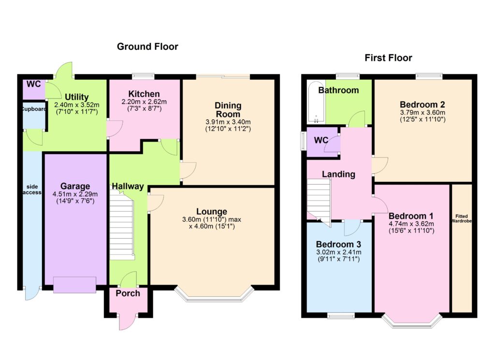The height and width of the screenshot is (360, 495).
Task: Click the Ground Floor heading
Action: pos(147,47)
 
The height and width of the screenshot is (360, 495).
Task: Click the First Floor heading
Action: pos(388,58)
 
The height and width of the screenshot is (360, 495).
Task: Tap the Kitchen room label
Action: pos(144,94)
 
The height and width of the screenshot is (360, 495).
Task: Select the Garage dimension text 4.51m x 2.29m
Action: pos(75,194)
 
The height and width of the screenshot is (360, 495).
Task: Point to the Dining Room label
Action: pos(228,110)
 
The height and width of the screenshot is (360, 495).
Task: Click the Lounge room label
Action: pos(212,211)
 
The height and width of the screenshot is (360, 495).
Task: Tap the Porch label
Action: pos(128,293)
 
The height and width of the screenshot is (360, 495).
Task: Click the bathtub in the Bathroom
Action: pos(316,102)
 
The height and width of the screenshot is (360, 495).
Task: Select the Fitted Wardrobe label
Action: pos(462,218)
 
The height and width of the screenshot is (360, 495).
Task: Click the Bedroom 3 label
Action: pos(338,245)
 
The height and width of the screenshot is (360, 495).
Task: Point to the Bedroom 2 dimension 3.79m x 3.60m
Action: pos(422,113)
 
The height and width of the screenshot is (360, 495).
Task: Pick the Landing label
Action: pos(338,174)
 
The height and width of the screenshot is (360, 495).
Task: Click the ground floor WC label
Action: pos(33,84)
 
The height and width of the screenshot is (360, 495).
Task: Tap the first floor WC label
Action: pos(321,141)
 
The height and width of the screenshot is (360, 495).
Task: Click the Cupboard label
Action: pos(34,109)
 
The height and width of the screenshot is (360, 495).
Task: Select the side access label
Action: pos(32,189)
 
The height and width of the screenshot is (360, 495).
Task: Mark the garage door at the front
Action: pos(74,285)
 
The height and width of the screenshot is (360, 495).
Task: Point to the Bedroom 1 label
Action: pos(411,216)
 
